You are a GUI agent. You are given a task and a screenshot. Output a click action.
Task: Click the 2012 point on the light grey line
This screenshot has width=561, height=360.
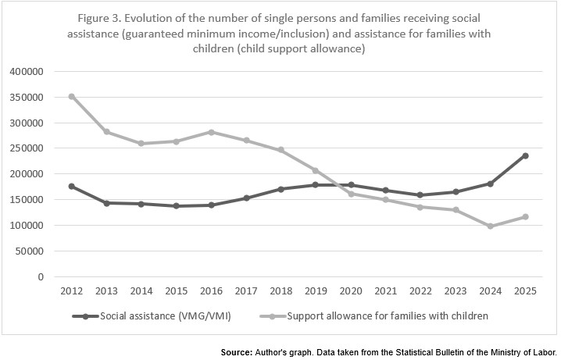click(x=72, y=96)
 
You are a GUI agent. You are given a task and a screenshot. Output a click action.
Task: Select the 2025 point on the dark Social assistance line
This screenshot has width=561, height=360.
click(x=525, y=155)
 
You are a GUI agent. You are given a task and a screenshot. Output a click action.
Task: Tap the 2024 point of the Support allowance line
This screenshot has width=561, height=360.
click(x=490, y=226)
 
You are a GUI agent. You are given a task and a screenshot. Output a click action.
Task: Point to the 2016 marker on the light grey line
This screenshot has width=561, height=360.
click(x=211, y=132)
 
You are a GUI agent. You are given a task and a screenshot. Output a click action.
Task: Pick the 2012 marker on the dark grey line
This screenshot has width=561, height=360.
click(x=72, y=186)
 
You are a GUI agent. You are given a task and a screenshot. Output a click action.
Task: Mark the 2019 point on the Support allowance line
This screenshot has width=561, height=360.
click(x=316, y=170)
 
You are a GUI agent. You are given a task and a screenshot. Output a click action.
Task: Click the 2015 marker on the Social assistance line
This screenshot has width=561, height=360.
click(x=176, y=206)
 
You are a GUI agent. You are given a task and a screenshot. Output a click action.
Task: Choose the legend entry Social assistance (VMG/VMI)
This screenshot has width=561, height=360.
click(x=157, y=315)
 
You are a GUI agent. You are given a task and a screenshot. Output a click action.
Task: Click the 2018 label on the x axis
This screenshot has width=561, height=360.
click(x=280, y=291)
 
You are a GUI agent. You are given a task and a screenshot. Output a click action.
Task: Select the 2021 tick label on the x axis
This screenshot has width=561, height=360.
click(x=385, y=291)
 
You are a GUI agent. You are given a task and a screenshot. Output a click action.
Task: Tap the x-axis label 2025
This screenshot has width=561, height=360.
click(x=525, y=291)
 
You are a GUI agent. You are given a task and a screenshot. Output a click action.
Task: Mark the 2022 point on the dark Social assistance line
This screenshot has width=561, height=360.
click(x=420, y=195)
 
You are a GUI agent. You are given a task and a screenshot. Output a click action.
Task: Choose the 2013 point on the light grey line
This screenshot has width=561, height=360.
click(x=106, y=132)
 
